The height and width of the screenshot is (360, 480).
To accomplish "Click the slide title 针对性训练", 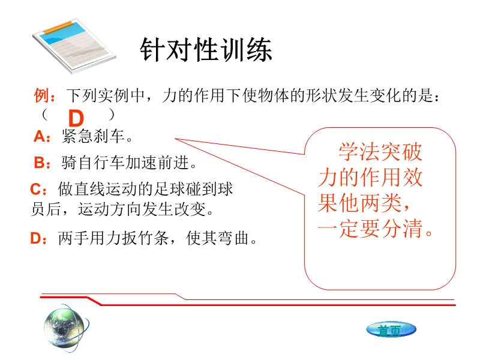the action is [206, 50].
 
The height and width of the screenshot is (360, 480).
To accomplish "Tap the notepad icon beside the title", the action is [74, 46].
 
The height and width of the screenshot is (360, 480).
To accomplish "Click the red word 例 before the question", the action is [41, 95].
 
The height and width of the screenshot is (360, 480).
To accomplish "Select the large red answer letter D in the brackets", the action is [76, 118].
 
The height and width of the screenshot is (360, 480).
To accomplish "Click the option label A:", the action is [41, 136].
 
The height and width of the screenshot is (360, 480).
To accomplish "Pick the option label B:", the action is [42, 163].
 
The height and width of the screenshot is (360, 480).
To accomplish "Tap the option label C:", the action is [38, 189].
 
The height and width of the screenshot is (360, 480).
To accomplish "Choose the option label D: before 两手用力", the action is [38, 238].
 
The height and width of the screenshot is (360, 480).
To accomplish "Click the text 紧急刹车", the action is [93, 136].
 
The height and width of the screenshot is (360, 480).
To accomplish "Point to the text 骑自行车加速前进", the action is [125, 163].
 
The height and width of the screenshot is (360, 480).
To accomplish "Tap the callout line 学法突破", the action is [380, 152].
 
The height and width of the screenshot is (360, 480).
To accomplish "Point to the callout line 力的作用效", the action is [370, 177].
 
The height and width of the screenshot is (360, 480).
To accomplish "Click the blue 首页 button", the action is [391, 330].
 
